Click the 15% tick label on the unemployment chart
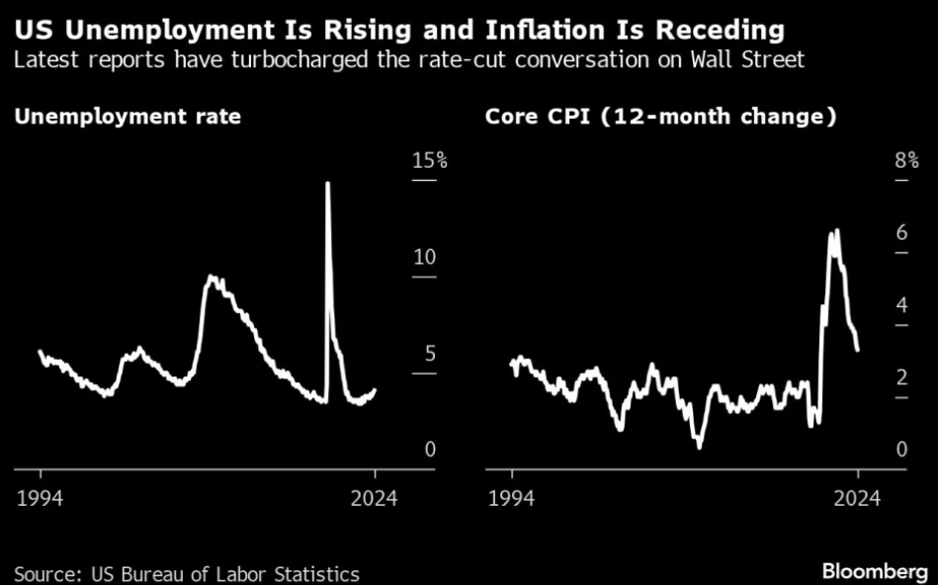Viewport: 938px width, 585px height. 429,160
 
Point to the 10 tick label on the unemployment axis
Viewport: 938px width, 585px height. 423,257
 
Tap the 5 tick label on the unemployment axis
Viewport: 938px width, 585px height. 429,354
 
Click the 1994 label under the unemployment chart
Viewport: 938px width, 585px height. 41,497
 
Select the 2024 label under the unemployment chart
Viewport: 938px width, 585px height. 375,497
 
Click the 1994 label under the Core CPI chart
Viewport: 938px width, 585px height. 512,497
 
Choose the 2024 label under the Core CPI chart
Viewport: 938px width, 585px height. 858,497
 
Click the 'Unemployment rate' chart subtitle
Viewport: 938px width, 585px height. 128,117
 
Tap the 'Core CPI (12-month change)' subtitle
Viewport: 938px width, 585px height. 661,117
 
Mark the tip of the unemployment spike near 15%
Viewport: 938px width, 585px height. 327,183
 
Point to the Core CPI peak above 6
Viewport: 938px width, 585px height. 837,230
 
